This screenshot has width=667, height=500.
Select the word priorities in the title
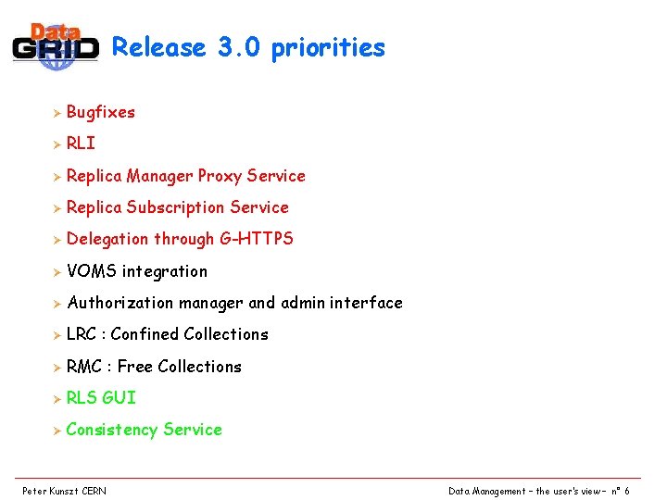328,48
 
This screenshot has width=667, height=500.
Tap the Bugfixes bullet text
101,112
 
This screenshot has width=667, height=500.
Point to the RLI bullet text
81,144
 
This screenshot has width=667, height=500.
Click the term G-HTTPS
257,239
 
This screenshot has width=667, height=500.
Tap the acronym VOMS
91,271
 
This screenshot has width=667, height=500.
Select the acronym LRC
83,334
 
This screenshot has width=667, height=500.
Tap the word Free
135,367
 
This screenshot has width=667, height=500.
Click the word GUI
119,398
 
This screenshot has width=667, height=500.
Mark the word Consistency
112,430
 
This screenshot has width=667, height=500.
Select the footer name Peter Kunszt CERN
64,491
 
